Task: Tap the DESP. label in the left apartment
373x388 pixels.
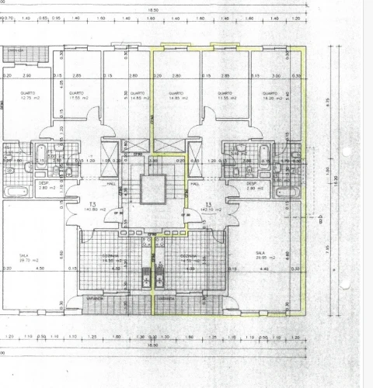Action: [x=44, y=185]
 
